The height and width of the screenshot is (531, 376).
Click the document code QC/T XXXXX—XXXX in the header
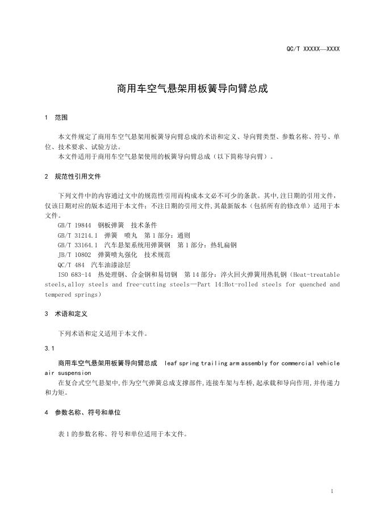[x=313, y=49]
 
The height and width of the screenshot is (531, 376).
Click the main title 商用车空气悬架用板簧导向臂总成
[x=192, y=89]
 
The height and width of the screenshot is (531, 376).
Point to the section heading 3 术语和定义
[x=66, y=314]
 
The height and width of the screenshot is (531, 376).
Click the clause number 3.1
[x=49, y=348]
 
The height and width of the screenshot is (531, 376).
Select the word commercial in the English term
[x=300, y=363]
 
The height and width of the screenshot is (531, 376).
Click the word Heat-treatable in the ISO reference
[x=319, y=275]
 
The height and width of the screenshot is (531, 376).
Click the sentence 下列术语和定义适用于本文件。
[x=103, y=334]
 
